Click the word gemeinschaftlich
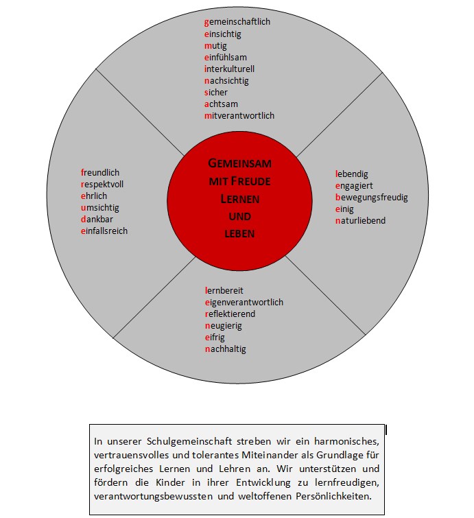[x=237, y=23]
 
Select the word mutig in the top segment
[x=215, y=46]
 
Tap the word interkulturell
[x=229, y=69]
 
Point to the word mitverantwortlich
[x=239, y=116]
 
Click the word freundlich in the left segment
[x=100, y=172]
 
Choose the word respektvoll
[x=102, y=184]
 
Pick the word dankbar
[x=97, y=219]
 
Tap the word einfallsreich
[x=104, y=231]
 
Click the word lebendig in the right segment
[x=351, y=174]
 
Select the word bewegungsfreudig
[x=372, y=198]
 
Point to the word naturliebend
[x=360, y=220]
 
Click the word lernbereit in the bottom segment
[x=224, y=291]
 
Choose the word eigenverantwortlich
[x=244, y=303]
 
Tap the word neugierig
[x=224, y=326]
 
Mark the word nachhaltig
[x=225, y=349]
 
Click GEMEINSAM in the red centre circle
[x=240, y=163]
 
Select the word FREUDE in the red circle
[x=250, y=181]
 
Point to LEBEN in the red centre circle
[x=239, y=234]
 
